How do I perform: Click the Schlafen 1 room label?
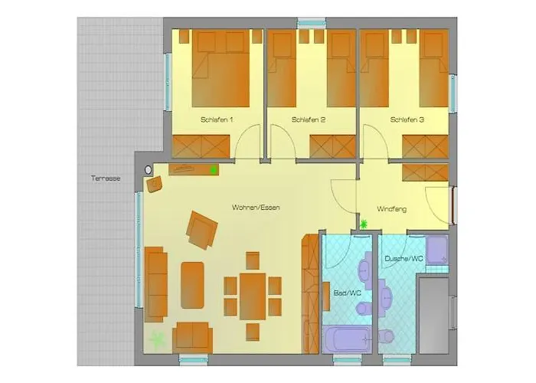pyautogui.click(x=217, y=120)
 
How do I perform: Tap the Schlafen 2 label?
pyautogui.click(x=309, y=120)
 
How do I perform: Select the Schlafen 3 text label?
pyautogui.click(x=407, y=120)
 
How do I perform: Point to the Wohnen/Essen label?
pyautogui.click(x=256, y=208)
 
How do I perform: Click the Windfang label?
pyautogui.click(x=391, y=209)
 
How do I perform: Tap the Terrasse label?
pyautogui.click(x=106, y=178)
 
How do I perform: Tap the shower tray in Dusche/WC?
pyautogui.click(x=437, y=250)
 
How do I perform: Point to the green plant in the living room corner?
pyautogui.click(x=158, y=339)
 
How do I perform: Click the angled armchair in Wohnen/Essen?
pyautogui.click(x=203, y=229)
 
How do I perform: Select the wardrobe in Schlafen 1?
pyautogui.click(x=201, y=146)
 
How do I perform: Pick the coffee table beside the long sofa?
pyautogui.click(x=192, y=284)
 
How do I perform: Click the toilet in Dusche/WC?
pyautogui.click(x=388, y=335)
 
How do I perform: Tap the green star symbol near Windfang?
pyautogui.click(x=364, y=224)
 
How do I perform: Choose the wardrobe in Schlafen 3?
pyautogui.click(x=424, y=146)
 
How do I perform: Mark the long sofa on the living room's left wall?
pyautogui.click(x=155, y=283)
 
